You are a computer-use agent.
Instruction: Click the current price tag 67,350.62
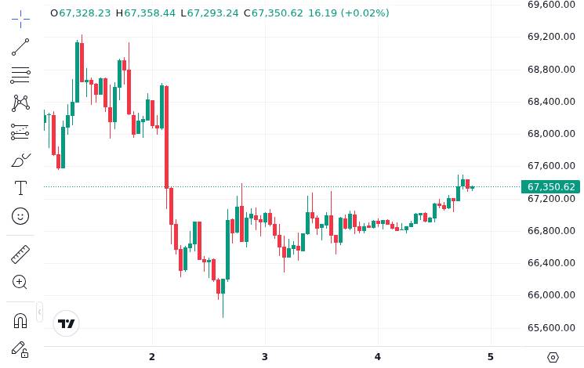[x=551, y=187]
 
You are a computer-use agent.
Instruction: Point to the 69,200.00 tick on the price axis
[x=551, y=37]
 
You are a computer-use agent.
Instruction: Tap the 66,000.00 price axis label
[x=551, y=295]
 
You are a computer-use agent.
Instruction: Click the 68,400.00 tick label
[x=551, y=102]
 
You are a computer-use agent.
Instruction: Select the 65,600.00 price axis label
[x=551, y=328]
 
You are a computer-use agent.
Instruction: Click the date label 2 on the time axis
[x=152, y=357]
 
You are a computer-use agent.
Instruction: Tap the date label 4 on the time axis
[x=378, y=357]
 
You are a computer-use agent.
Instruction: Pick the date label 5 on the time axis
[x=491, y=357]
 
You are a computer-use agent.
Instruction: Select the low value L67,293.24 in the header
[x=209, y=13]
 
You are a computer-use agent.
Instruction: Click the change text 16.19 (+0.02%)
[x=348, y=13]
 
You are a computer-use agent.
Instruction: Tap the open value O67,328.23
[x=80, y=13]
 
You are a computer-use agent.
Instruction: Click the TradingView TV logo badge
[x=67, y=323]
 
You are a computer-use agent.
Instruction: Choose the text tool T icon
[x=20, y=188]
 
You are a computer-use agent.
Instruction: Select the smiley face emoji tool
[x=20, y=215]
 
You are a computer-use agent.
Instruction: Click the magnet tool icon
[x=20, y=320]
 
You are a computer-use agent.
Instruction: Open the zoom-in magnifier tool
[x=20, y=282]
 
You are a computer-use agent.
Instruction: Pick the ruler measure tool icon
[x=20, y=254]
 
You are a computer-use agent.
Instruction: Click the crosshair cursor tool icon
[x=20, y=19]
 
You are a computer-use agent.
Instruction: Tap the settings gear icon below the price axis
[x=553, y=357]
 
